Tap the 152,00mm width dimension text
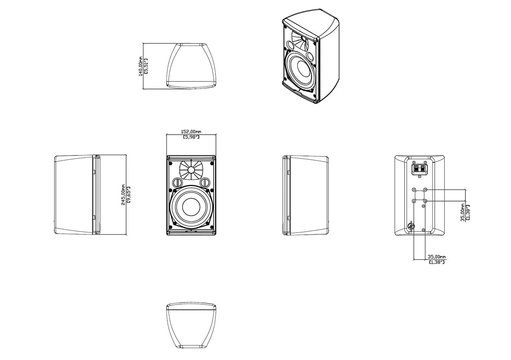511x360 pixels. coord(191,132)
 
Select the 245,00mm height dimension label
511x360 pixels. coord(123,195)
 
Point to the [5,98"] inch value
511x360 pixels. coord(191,137)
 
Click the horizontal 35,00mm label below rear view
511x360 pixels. coord(437,257)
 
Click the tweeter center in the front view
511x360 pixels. coord(191,170)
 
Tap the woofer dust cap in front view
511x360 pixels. coord(191,207)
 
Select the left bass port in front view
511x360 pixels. coord(177,182)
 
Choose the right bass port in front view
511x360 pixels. coord(206,182)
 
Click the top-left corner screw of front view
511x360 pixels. coord(170,162)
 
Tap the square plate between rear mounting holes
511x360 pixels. coord(419,195)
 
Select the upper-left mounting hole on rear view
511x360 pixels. coord(413,190)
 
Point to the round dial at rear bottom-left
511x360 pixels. coord(411,226)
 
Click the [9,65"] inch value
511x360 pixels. coord(128,195)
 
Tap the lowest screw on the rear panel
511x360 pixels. coord(424,230)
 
